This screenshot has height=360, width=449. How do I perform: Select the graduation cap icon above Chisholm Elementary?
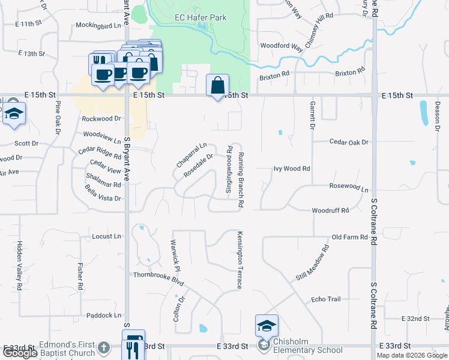click(x=267, y=326)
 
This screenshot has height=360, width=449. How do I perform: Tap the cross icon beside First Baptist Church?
click(x=103, y=347)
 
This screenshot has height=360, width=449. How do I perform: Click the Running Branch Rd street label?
click(x=241, y=180)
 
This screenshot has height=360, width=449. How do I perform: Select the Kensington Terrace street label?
click(x=240, y=260)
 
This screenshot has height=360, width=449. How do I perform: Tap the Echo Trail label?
click(x=326, y=299)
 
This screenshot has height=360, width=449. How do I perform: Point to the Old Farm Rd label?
click(x=349, y=237)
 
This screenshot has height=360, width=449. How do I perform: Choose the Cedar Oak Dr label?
click(x=349, y=142)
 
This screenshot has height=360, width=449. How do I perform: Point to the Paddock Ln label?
click(x=104, y=315)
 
